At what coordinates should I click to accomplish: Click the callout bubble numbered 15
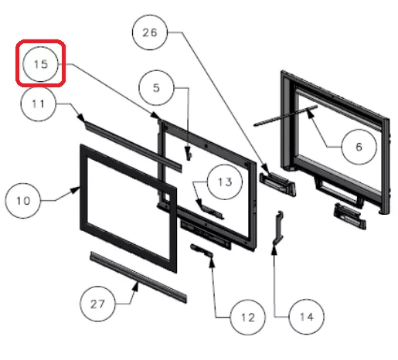coord(40,64)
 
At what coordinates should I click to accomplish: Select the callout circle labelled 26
coord(150,32)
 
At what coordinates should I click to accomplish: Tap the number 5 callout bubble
coord(156,88)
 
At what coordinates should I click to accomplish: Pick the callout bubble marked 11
coord(38,104)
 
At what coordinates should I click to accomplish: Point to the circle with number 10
coord(23,201)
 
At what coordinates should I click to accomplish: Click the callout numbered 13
coord(225,182)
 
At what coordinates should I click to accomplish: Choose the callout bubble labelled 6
coord(359,147)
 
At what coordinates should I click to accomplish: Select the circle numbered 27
coord(97,304)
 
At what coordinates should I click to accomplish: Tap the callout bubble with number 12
coord(248,318)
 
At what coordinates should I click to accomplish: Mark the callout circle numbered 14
coord(307,317)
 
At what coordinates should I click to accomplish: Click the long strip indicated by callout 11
coord(133,146)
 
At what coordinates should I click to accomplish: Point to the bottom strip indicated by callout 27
coord(138,277)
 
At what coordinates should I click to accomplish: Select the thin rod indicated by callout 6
coord(285,116)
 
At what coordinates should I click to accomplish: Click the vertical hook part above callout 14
coord(278,228)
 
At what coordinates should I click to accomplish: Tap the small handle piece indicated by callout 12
coord(202,251)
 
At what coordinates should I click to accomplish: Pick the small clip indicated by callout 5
coord(189,157)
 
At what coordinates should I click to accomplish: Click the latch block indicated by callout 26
coord(277,183)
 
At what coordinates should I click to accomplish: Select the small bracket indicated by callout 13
coord(211,211)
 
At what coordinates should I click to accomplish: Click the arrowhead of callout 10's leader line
coord(76,190)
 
